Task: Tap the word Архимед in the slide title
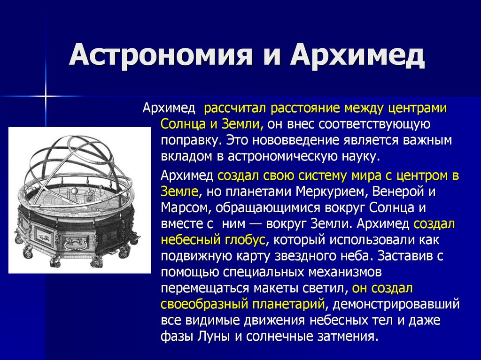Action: tap(357, 55)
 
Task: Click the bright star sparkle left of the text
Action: tap(46, 96)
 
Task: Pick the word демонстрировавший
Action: tap(396, 304)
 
